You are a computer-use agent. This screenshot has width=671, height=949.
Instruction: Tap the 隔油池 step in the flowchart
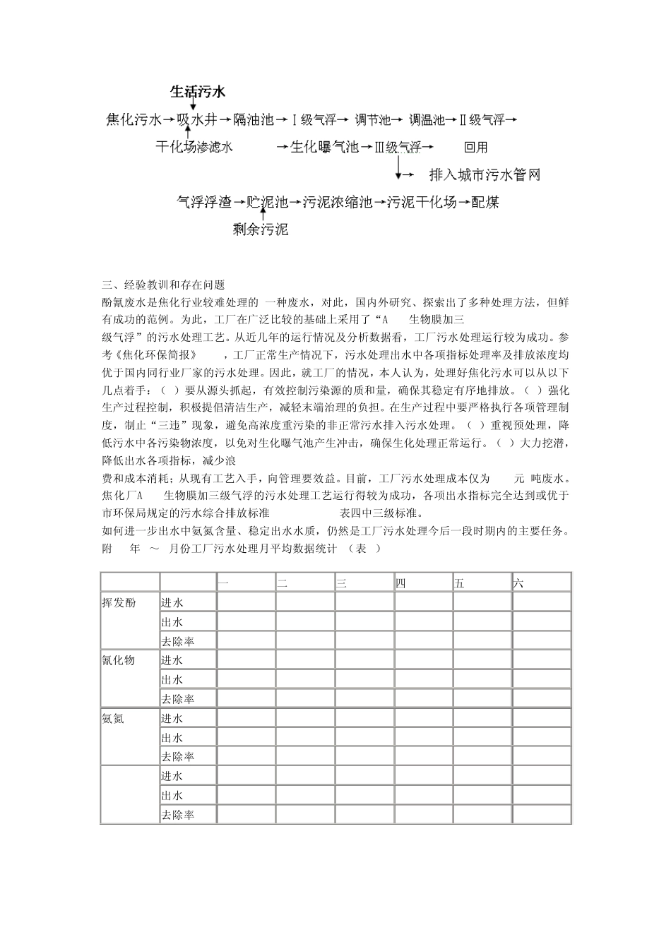coord(253,120)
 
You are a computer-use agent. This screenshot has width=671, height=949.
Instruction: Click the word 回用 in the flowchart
coord(475,147)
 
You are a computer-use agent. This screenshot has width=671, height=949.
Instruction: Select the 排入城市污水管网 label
coord(485,174)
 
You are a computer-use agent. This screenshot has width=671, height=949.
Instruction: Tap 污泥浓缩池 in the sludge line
coord(337,203)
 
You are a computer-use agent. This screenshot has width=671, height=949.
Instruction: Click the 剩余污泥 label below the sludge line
coord(261,229)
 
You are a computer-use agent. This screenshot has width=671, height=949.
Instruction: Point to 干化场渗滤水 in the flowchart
coord(194,147)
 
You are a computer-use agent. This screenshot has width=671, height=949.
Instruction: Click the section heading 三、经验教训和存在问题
coord(163,285)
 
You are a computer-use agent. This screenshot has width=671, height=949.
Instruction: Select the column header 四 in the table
coord(400,583)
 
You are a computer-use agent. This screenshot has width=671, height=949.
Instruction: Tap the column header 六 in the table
coord(518,583)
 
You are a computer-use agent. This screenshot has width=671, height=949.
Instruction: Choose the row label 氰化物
coord(119,660)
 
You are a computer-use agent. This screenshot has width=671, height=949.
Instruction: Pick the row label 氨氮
coord(113,718)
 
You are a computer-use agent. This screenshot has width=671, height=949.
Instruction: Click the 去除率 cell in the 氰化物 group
coord(177,699)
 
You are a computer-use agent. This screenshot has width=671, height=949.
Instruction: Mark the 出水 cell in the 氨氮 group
coord(172,737)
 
